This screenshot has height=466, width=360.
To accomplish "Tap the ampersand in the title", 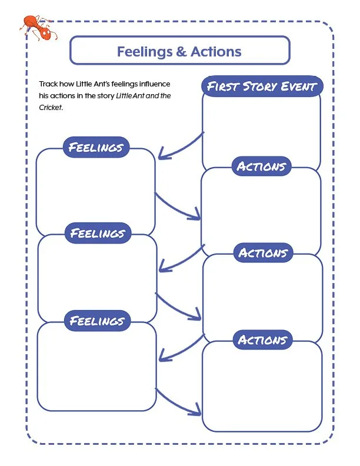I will (x=182, y=51).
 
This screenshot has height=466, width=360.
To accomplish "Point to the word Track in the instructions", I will (x=48, y=85).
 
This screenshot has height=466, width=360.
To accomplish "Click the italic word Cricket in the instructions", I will (x=51, y=108).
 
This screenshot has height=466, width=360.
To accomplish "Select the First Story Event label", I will (x=262, y=87).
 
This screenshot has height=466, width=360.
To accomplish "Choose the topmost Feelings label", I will (x=96, y=147).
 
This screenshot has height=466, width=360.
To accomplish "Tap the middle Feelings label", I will (x=98, y=233).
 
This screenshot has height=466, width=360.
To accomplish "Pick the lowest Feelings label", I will (x=97, y=321).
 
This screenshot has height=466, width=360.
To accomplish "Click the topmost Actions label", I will (x=261, y=167).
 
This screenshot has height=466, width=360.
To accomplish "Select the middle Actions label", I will (x=262, y=253).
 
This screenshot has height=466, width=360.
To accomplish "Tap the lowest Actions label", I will (x=262, y=340).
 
